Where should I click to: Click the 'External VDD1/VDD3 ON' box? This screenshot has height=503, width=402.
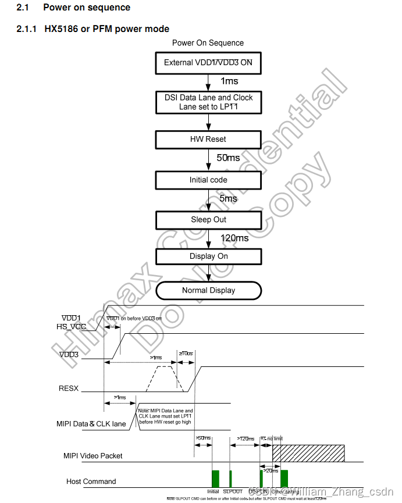pos(208,62)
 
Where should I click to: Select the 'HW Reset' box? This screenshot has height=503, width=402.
pos(208,140)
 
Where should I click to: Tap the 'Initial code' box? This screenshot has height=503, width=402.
pos(208,180)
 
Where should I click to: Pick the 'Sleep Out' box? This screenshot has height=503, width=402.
pos(208,220)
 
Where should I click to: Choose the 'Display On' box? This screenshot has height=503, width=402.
pos(208,256)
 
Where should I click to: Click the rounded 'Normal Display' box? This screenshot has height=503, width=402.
pos(208,290)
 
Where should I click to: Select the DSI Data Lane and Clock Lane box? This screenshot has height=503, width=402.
pos(208,102)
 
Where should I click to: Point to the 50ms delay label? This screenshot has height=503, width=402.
pos(228,158)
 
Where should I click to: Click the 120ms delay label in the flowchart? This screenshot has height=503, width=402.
pos(234,238)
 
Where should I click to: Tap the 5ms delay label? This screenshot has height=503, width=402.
pos(228,199)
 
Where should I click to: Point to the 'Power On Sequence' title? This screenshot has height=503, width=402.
pos(208,43)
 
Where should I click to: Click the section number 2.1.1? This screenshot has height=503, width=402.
pos(26,28)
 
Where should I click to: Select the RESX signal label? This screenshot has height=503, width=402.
pos(69,388)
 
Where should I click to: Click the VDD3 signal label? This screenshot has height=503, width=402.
pos(69,354)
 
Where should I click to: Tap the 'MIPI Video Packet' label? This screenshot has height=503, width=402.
pos(93,456)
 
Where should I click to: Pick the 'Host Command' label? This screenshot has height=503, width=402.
pos(91,481)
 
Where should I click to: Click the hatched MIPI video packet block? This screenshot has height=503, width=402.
pos(308,452)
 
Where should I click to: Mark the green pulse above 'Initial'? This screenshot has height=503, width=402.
pos(215,478)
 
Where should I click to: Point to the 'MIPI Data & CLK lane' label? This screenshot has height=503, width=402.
pos(92,424)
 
